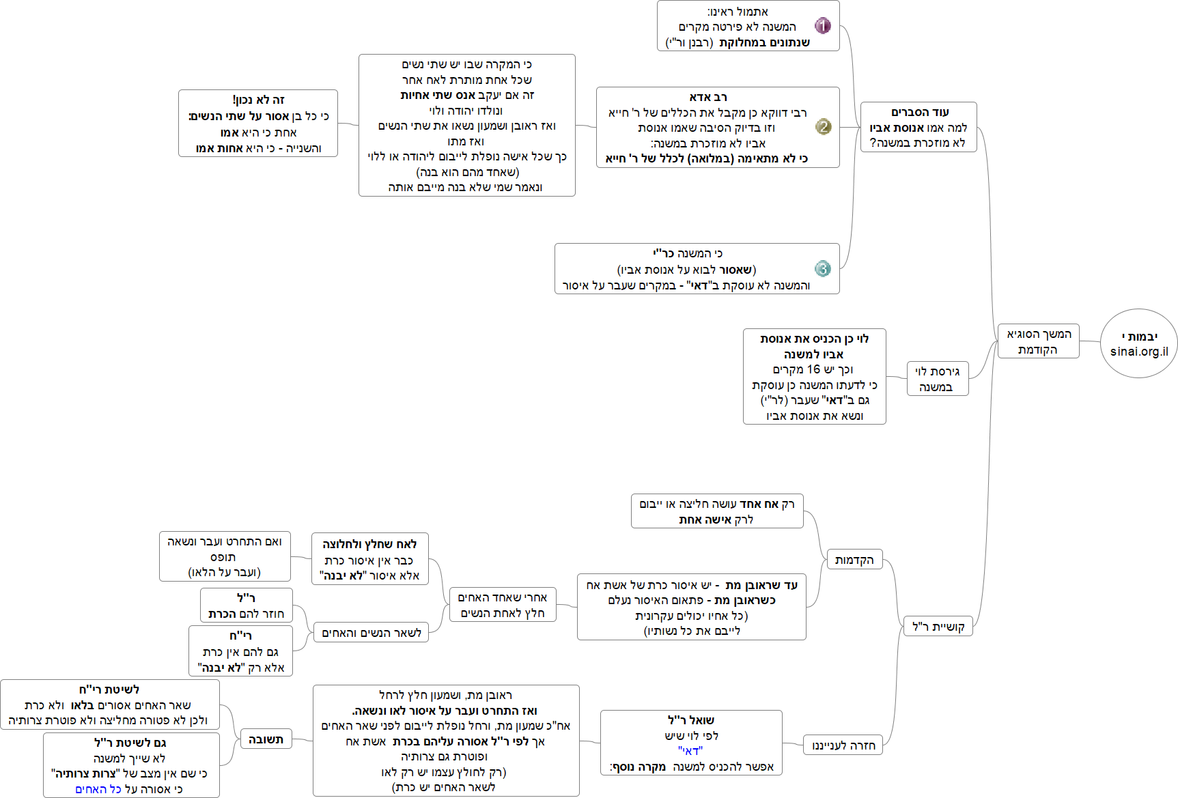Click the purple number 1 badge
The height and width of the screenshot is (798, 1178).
point(823,26)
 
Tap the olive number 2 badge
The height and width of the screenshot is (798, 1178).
point(824,127)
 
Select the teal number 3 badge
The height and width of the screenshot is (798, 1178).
point(823,268)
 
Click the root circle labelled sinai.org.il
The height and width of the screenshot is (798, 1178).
point(1139,343)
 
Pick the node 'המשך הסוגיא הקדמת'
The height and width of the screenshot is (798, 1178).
point(1038,341)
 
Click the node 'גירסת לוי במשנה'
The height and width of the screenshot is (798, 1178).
point(937,379)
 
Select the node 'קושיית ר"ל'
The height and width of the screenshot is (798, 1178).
point(938,626)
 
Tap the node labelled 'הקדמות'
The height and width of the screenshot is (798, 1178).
point(854,560)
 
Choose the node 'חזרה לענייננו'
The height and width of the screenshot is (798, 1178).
point(843,745)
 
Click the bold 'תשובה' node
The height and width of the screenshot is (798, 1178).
point(266,739)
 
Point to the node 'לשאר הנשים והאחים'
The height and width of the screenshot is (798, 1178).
point(371,633)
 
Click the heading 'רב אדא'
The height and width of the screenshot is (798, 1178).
point(708,97)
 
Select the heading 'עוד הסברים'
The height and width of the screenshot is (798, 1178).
point(920,112)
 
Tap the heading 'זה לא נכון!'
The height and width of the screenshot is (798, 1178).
point(258,100)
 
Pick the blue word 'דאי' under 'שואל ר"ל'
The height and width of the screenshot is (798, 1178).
point(690,751)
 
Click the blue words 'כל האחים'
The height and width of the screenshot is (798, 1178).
point(98,789)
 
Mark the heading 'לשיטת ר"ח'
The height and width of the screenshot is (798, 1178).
point(109,689)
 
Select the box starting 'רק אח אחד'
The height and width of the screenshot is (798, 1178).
point(717,511)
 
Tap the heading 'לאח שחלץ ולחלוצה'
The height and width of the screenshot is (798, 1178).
point(369,544)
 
